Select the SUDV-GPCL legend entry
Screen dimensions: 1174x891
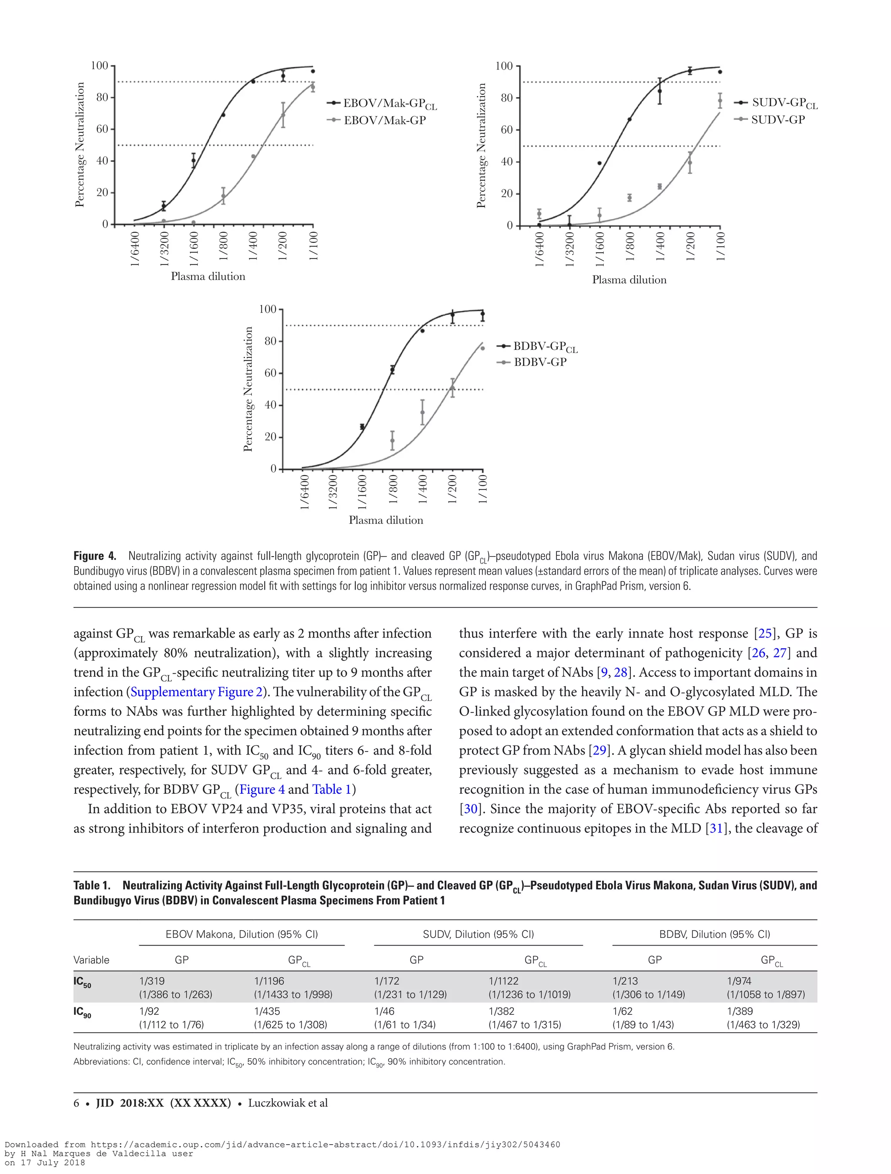784,103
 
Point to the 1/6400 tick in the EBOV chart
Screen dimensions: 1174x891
135,248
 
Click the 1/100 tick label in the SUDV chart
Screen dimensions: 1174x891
720,247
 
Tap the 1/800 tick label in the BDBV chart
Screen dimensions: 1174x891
393,490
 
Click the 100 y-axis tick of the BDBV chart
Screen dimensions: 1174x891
268,309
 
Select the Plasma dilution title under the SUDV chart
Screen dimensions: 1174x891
629,280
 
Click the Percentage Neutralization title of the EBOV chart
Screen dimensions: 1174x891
80,144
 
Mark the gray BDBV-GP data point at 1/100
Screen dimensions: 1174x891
482,348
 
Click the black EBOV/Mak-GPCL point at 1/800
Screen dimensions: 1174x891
223,114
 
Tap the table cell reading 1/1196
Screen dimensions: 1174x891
269,981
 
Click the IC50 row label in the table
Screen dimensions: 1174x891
82,982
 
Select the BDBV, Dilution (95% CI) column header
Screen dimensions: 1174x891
714,934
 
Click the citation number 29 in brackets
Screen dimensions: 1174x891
599,751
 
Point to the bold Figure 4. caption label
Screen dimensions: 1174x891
94,556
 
